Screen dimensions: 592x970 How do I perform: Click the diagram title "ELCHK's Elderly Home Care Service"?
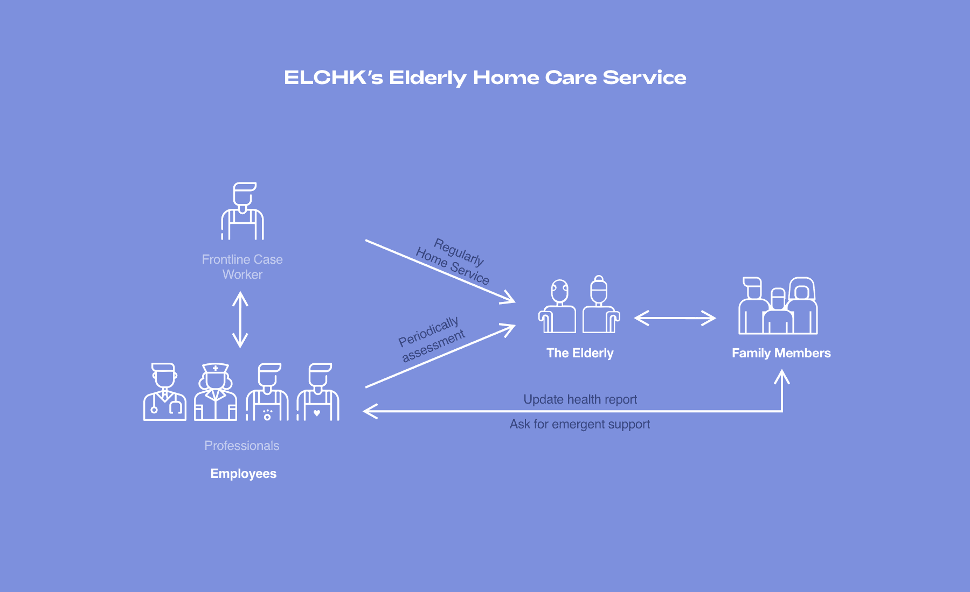tap(485, 78)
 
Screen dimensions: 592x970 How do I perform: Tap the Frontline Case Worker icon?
tap(242, 211)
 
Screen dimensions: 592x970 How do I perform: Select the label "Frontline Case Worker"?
tap(242, 267)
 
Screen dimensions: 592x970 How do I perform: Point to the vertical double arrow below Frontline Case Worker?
tap(240, 320)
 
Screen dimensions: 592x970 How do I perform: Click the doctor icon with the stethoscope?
tap(164, 392)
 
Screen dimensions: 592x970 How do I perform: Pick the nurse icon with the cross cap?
tap(216, 392)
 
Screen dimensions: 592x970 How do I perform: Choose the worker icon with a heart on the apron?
tap(318, 392)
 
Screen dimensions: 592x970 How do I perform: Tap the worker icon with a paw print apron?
tap(267, 392)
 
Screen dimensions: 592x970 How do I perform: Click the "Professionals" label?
tap(242, 446)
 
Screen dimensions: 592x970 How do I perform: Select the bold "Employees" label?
tap(244, 474)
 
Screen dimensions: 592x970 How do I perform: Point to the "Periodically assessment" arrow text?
tap(431, 339)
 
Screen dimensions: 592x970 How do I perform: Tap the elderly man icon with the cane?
tap(558, 307)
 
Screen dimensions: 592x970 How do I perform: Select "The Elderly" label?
tap(580, 353)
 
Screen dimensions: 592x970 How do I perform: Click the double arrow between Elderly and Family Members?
tap(675, 318)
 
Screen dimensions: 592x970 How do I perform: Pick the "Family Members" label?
tap(781, 353)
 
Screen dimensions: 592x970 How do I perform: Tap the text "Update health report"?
tap(580, 399)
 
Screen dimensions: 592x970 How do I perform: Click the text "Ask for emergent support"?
tap(580, 424)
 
